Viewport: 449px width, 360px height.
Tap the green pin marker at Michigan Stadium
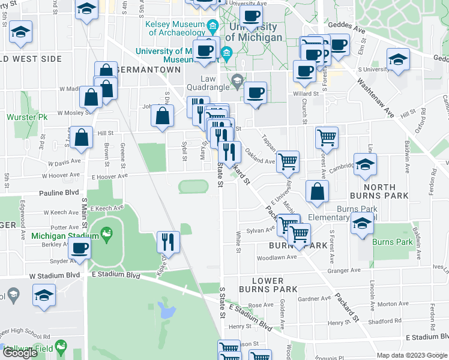click(107, 232)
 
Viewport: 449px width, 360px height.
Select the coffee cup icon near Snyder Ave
click(80, 248)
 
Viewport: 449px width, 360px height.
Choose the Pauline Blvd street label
click(59, 193)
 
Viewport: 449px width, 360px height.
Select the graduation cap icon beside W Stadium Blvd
click(44, 295)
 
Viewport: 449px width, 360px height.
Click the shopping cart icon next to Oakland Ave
click(288, 160)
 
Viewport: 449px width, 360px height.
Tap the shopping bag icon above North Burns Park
click(317, 191)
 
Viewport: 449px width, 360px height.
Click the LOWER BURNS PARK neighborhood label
click(268, 285)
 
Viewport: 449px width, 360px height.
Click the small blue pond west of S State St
click(166, 310)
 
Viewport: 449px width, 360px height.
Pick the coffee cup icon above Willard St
click(256, 92)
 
